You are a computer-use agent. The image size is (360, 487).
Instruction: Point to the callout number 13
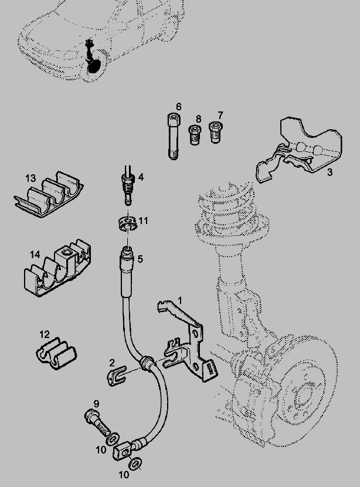click(30, 178)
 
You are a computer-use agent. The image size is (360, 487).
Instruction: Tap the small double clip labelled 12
click(56, 355)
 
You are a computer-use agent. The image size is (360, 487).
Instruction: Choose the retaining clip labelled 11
click(125, 224)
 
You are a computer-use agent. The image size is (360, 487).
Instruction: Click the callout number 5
click(140, 258)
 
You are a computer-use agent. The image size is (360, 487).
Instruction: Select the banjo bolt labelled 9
click(98, 422)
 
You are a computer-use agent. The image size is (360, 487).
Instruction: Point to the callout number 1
click(180, 300)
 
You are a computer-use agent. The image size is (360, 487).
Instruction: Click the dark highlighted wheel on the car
click(94, 66)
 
